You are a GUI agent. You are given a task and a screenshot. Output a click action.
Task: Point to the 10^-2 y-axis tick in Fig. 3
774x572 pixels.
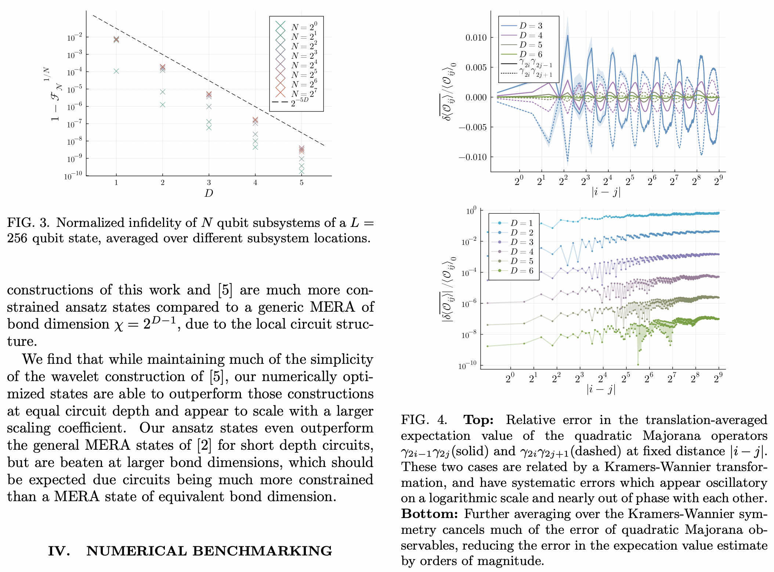pyautogui.click(x=75, y=38)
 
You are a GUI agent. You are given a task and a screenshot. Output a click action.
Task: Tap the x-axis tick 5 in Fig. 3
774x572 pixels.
pyautogui.click(x=301, y=182)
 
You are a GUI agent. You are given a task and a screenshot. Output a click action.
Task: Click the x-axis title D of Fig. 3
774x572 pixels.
pyautogui.click(x=209, y=193)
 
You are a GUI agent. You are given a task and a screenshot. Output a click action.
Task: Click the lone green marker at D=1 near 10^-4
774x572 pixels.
pyautogui.click(x=116, y=71)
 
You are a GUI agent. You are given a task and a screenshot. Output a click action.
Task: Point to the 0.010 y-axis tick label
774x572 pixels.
pyautogui.click(x=476, y=37)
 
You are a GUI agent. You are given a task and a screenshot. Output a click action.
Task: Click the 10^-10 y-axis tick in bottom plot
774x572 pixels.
pyautogui.click(x=467, y=366)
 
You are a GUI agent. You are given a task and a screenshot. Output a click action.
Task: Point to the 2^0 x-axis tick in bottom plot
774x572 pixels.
pyautogui.click(x=510, y=379)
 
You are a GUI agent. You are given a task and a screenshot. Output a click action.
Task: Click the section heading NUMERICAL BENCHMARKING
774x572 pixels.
pyautogui.click(x=209, y=551)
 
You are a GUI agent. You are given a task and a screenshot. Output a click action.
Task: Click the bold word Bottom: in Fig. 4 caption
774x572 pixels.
pyautogui.click(x=429, y=514)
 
